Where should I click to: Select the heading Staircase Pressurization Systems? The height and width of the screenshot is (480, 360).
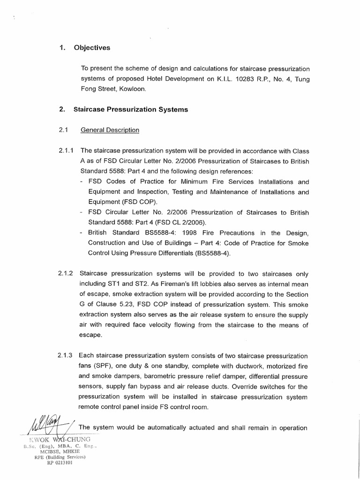pyautogui.click(x=131, y=110)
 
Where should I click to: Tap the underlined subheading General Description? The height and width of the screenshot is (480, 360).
pyautogui.click(x=110, y=130)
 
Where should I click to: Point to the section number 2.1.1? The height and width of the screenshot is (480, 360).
pyautogui.click(x=67, y=151)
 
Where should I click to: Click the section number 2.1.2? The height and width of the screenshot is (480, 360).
pyautogui.click(x=67, y=273)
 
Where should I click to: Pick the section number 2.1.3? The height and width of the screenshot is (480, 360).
pyautogui.click(x=67, y=356)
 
